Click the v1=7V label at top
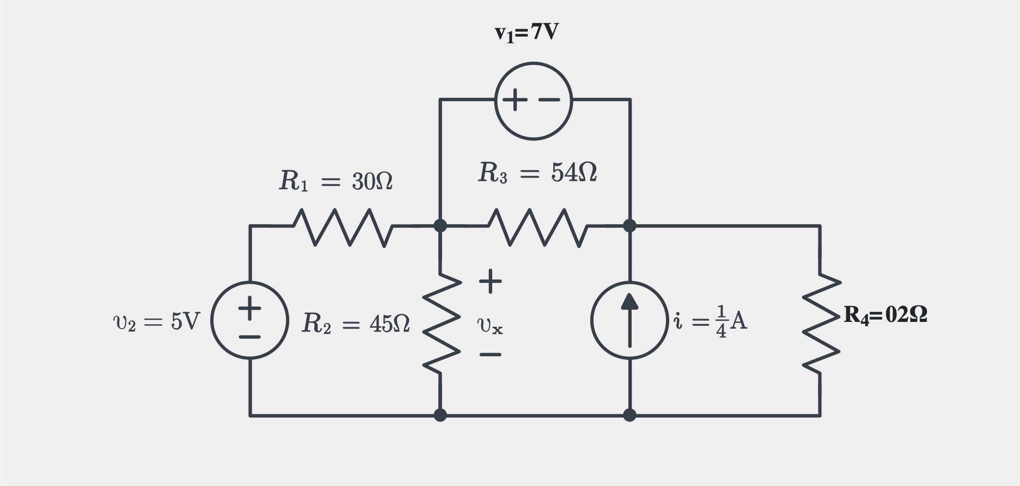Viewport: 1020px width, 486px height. tap(527, 33)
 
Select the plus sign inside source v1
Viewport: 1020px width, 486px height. tap(515, 100)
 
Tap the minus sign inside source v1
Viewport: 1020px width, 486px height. tap(549, 100)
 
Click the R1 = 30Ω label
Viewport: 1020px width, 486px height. tap(336, 181)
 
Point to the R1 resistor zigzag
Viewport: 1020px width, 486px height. tap(343, 227)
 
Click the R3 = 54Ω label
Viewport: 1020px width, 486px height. tap(537, 172)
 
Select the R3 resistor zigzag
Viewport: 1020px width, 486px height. tap(537, 227)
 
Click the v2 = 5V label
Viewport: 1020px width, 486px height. tap(156, 321)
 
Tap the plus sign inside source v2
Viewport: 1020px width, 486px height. tap(250, 308)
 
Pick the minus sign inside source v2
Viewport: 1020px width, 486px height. tap(250, 337)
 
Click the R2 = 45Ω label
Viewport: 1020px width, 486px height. tap(356, 323)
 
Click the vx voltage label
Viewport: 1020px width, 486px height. tap(490, 326)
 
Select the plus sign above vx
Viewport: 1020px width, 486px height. tap(490, 281)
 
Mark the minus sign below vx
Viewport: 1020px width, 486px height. tap(490, 355)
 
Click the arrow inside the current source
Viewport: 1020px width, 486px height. tap(629, 320)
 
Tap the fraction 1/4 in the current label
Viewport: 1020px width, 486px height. tap(721, 321)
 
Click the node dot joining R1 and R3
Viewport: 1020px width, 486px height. tap(440, 225)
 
